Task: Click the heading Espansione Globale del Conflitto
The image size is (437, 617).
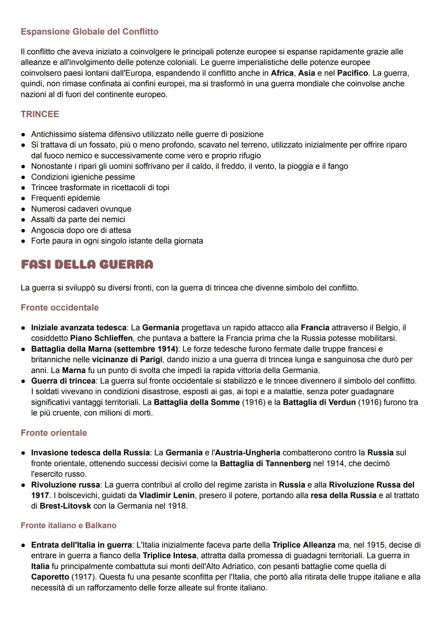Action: pos(89,32)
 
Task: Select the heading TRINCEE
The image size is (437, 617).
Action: pos(40,114)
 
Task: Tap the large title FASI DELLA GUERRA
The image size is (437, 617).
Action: pos(87,265)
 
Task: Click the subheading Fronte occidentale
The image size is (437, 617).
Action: pos(59,307)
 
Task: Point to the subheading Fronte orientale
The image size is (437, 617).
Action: pos(54,433)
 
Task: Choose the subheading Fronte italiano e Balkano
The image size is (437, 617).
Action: pos(68,526)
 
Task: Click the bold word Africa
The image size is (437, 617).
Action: pos(282,73)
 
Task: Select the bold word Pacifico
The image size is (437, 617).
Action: pos(352,73)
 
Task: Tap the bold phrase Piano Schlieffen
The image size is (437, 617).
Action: pos(101,338)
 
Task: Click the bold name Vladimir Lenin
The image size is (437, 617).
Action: pos(167,495)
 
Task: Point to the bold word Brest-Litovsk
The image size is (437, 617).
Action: pos(66,506)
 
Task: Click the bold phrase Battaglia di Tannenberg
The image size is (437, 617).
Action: pos(265,464)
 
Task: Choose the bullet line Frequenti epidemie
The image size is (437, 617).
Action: pos(66,198)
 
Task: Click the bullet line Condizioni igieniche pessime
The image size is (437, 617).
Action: pos(83,177)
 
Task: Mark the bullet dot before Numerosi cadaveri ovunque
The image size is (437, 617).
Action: pos(24,209)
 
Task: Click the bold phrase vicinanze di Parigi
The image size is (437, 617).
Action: pos(127,360)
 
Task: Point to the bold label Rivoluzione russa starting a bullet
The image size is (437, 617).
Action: pos(66,485)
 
